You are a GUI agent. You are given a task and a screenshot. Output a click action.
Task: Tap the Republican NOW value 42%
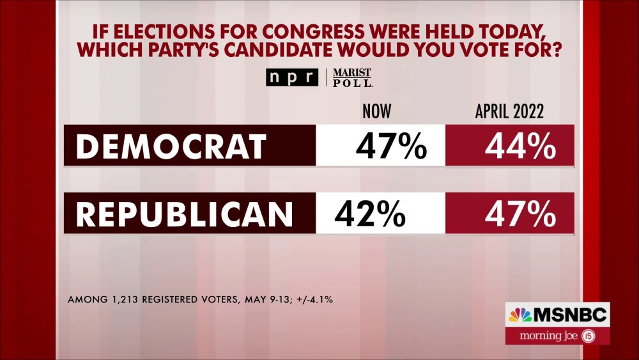coord(369,214)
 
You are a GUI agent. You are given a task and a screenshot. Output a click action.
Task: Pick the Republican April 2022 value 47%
coord(519,214)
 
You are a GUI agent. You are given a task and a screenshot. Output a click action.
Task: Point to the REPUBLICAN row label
coord(184,214)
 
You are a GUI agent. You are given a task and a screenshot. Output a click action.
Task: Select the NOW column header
coord(376,112)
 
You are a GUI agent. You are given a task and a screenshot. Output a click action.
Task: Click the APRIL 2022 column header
coord(509,112)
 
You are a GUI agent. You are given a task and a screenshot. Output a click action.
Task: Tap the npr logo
coord(292,77)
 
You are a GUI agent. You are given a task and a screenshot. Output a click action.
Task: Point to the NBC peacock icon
coord(520,315)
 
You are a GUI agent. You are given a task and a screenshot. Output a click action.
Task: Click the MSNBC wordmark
coord(569,315)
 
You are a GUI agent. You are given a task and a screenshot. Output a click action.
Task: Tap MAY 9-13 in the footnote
coord(263,299)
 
